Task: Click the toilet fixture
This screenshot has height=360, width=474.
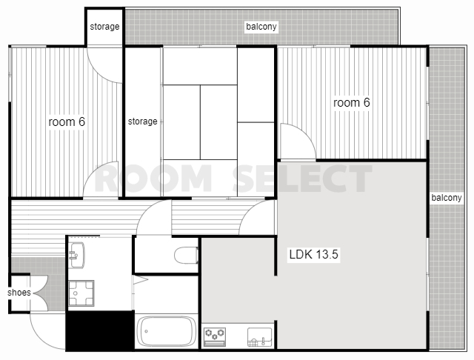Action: point(186,256)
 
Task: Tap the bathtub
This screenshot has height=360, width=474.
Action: point(166,331)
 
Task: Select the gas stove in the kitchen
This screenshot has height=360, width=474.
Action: point(215,337)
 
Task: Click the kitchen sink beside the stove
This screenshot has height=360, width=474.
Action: point(260,337)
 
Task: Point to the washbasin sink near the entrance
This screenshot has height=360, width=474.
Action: point(77,255)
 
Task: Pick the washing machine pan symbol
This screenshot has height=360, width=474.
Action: point(81,293)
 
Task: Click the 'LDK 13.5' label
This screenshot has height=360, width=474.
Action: point(313,254)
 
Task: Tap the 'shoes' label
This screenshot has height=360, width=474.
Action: point(19,293)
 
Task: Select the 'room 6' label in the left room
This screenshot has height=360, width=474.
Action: point(67,121)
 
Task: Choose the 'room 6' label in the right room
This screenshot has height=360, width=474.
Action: point(352,102)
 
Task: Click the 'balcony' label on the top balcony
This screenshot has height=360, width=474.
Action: point(261,27)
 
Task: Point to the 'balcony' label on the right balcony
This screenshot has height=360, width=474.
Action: point(447,198)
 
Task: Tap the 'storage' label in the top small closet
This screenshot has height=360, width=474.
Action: point(104,27)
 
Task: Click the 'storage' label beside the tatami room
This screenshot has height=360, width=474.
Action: point(142,121)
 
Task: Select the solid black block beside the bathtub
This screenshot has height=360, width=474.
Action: point(100,330)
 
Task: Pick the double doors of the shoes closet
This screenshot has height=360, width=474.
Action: point(40,293)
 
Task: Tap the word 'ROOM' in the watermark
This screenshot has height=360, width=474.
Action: point(153,179)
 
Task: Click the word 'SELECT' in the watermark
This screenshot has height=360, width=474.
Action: point(302,179)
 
